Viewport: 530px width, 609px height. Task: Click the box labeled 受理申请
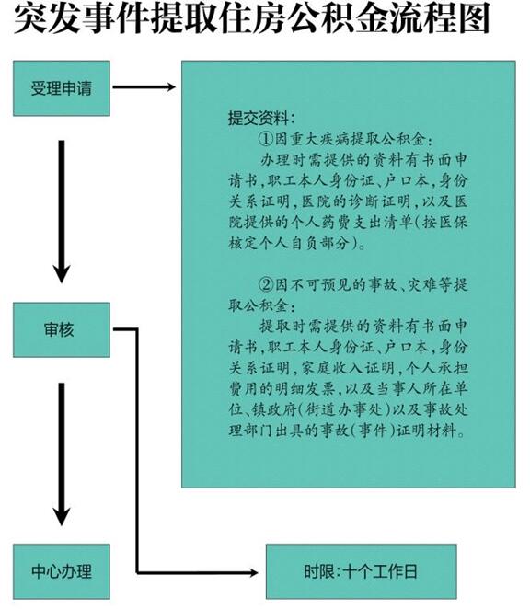(62, 88)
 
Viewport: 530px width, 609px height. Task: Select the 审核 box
(62, 329)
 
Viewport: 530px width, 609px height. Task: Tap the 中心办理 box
(62, 571)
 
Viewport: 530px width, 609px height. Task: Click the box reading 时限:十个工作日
(362, 571)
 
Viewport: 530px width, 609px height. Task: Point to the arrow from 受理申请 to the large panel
(144, 87)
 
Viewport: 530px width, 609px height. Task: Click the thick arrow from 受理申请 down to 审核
(62, 213)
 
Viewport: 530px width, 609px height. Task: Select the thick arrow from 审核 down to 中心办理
(62, 454)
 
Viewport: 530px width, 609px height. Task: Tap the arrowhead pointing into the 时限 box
(253, 572)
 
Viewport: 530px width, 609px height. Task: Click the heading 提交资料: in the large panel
(261, 118)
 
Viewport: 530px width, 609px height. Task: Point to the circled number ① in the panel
(267, 139)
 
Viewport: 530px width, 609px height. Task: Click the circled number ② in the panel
(267, 284)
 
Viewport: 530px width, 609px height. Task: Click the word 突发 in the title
(47, 19)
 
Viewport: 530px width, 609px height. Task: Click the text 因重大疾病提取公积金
(350, 139)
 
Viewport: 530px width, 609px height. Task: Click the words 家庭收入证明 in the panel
(348, 367)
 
